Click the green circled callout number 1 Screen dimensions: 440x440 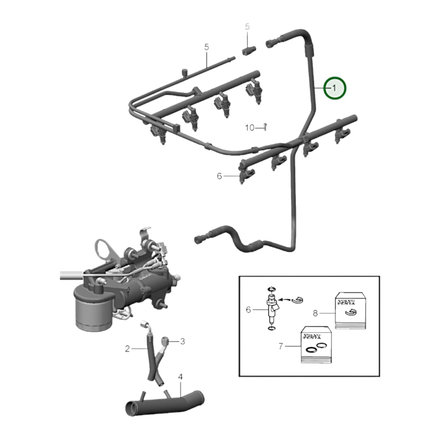coord(334,88)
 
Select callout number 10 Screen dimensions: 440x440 coord(249,128)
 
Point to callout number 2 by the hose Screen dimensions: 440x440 coord(128,349)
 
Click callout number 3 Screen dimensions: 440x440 coord(182,341)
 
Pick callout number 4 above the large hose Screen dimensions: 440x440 coord(180,377)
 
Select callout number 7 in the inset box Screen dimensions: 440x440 coord(281,346)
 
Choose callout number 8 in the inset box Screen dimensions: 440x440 coord(315,313)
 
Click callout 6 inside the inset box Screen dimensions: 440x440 coord(248,310)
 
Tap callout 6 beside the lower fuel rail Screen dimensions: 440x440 coord(220,176)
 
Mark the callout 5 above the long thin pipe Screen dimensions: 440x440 coord(207,47)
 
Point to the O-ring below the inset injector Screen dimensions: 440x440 coord(271,328)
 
